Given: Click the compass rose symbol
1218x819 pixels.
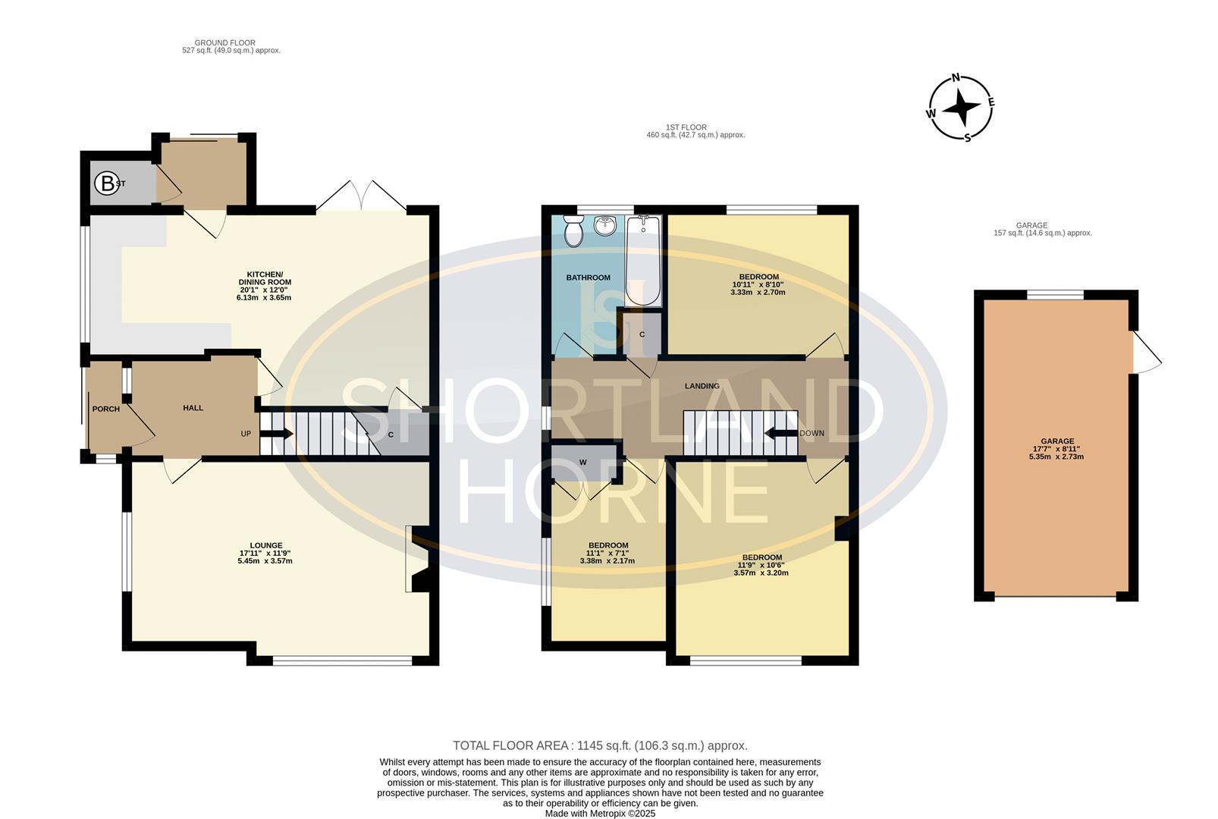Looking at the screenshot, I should coord(961,108).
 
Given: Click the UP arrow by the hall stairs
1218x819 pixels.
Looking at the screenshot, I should coord(278,434).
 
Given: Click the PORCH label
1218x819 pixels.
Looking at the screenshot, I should coord(105,409).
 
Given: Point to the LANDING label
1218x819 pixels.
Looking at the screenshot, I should coord(702,386).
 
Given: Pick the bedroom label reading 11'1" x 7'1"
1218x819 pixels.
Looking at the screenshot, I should coord(607,553).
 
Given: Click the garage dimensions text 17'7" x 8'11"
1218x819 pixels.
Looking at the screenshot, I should coord(1056,449).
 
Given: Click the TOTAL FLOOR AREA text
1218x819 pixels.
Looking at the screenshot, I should coord(600,745).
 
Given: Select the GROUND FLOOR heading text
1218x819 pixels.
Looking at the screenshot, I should coord(224,43).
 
